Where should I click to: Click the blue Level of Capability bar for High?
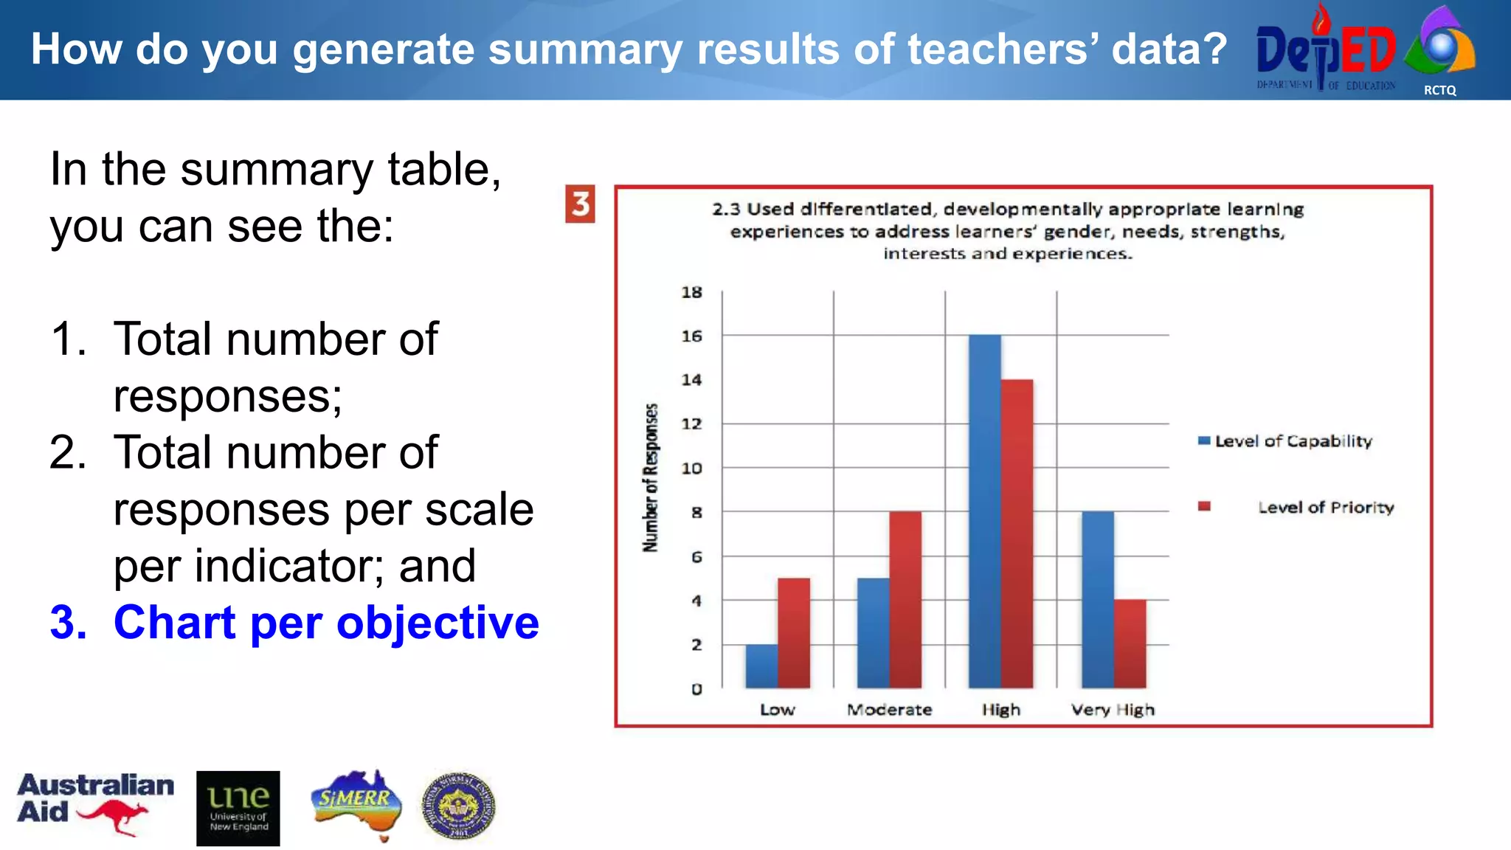tap(984, 511)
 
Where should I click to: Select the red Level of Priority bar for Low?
tap(793, 633)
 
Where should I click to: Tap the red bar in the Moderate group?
tap(905, 600)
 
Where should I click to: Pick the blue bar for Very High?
tap(1097, 600)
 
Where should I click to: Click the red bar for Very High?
tap(1130, 644)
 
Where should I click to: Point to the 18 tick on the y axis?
tap(691, 292)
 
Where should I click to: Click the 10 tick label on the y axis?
tap(691, 468)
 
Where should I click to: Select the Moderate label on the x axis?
tap(889, 710)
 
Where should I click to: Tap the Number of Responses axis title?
tap(650, 477)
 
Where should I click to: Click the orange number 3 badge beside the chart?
tap(580, 204)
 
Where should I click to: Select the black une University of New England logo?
tap(238, 808)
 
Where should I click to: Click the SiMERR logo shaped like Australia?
tap(356, 804)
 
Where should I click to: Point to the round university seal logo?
tap(458, 806)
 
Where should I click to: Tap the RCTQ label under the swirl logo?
tap(1439, 90)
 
